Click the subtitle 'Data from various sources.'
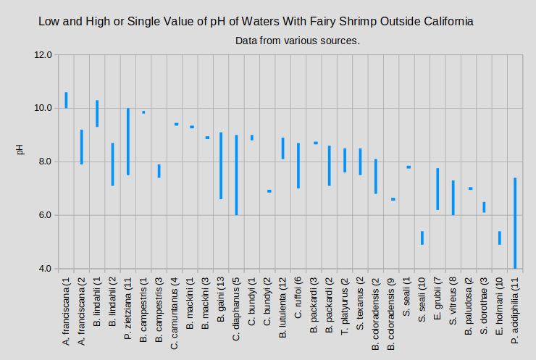click(x=298, y=41)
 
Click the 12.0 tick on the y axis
click(x=43, y=55)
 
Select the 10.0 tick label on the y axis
click(x=43, y=109)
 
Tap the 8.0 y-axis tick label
click(x=43, y=162)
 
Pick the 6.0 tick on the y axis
click(x=43, y=216)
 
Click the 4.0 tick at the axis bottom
click(x=43, y=269)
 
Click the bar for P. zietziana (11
click(x=128, y=141)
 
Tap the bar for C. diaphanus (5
click(x=236, y=175)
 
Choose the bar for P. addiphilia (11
click(x=515, y=223)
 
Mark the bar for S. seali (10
click(x=422, y=238)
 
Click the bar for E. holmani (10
click(x=500, y=238)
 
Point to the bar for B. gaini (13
click(x=221, y=165)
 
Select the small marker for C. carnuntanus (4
click(x=176, y=124)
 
